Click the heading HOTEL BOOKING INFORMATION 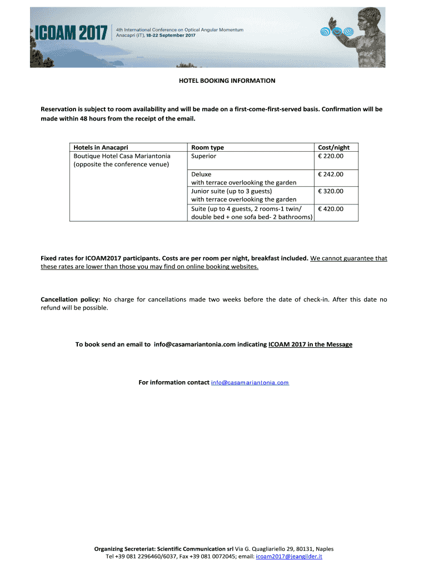[227, 81]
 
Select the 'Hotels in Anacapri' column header [101, 147]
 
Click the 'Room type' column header [207, 147]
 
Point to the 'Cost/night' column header [334, 147]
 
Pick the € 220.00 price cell [331, 156]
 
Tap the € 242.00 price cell [331, 174]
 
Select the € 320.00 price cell [331, 191]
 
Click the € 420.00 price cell [331, 208]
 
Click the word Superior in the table [204, 156]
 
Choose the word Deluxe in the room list [201, 174]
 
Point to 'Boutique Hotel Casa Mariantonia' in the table [122, 156]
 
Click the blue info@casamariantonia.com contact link [250, 383]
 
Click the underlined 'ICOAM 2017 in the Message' [310, 345]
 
